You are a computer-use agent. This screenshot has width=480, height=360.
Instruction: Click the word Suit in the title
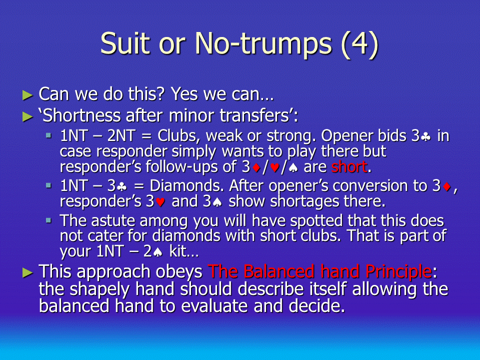125,43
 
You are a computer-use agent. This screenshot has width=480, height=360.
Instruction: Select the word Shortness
82,115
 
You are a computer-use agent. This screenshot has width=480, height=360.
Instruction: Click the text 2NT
121,135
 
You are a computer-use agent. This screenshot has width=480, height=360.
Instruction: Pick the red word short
349,167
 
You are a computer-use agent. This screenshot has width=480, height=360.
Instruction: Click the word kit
177,251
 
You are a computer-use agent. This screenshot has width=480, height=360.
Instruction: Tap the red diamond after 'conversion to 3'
447,186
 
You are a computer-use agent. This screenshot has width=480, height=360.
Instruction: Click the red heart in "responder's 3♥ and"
160,202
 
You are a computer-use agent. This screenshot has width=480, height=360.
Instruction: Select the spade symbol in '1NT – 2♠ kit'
157,252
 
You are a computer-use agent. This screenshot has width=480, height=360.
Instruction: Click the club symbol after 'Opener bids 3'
425,136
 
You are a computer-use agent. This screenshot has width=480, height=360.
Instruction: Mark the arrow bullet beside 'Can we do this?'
27,95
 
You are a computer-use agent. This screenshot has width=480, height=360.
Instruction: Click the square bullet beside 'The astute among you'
48,220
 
